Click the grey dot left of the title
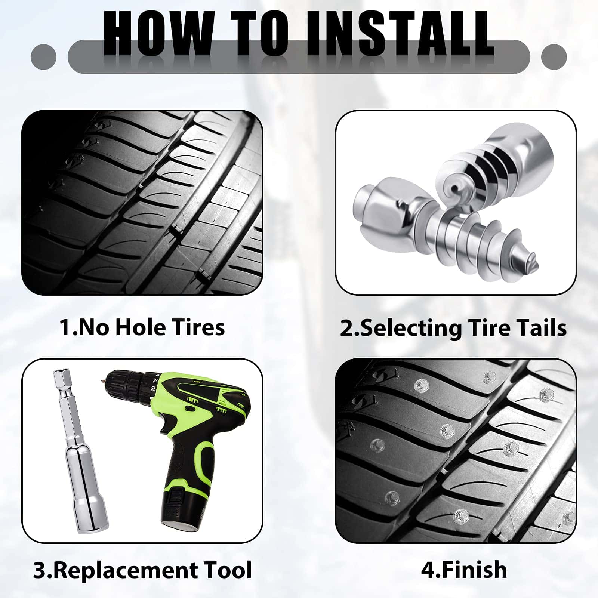(x=44, y=57)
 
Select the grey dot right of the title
(x=554, y=57)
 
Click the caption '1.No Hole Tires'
(x=142, y=327)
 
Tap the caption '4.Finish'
(x=464, y=570)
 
